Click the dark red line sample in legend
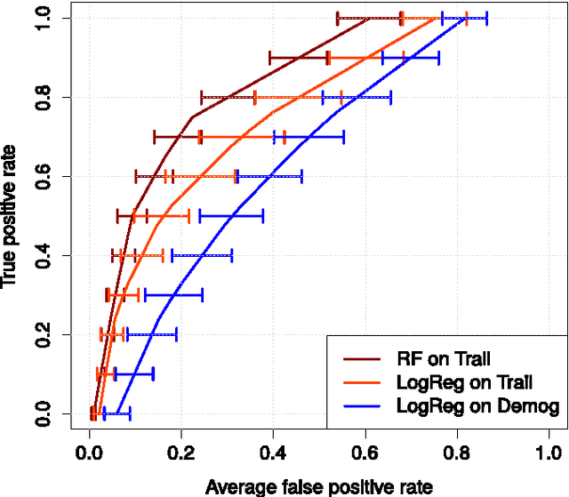pyautogui.click(x=362, y=359)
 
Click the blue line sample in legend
pyautogui.click(x=362, y=407)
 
